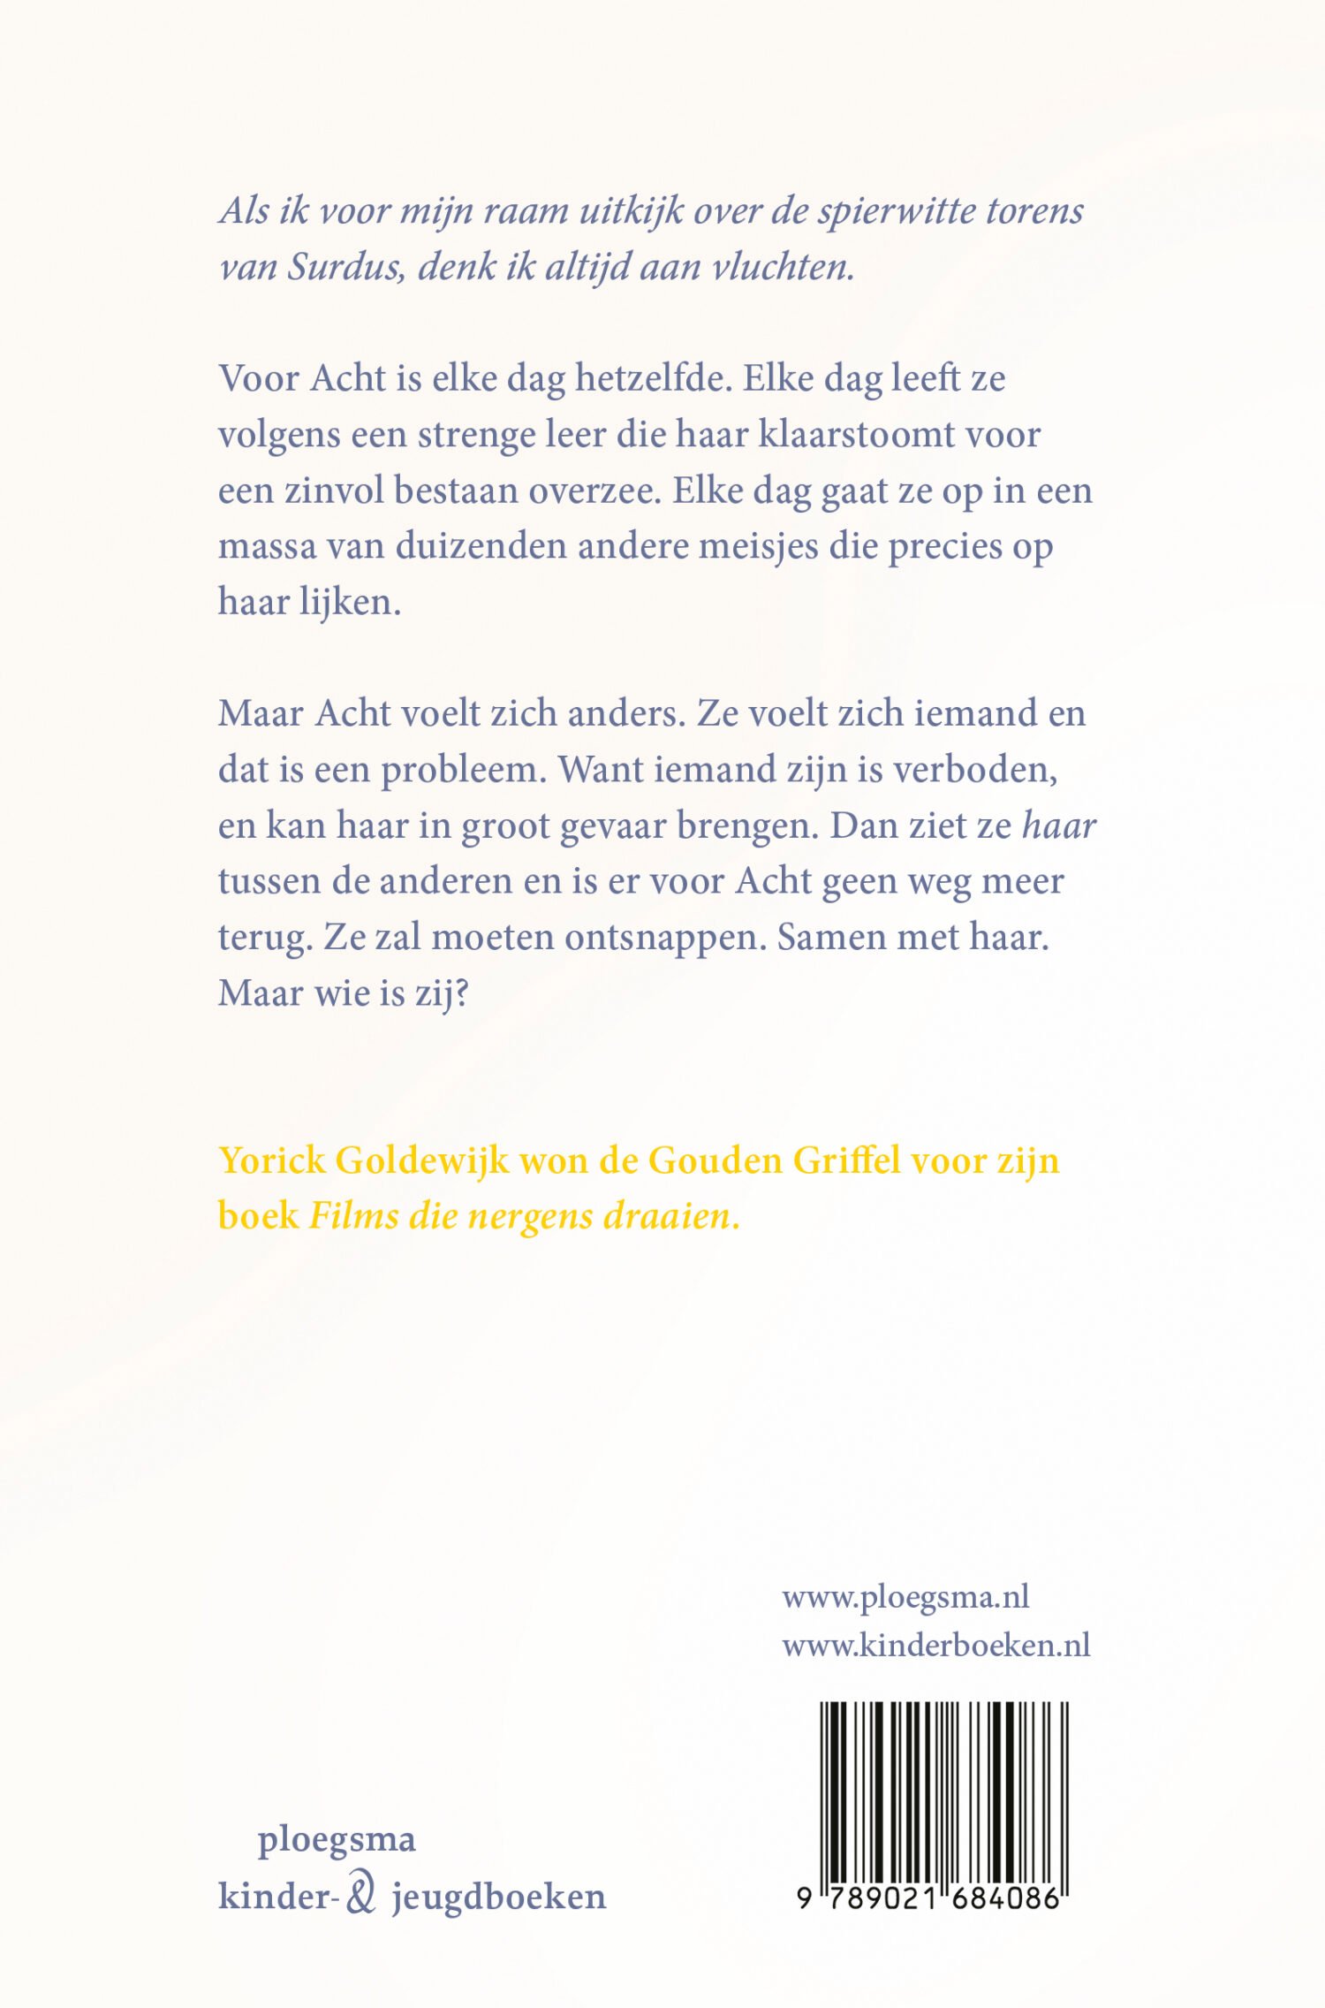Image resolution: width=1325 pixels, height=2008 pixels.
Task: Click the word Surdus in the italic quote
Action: pos(347,267)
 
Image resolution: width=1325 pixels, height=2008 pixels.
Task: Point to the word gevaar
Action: pos(613,827)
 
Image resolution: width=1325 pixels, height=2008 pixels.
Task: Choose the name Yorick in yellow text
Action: pos(272,1161)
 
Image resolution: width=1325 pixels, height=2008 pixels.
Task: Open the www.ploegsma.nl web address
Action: pos(905,1597)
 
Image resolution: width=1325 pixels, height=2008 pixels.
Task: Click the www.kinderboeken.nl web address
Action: pos(935,1646)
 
